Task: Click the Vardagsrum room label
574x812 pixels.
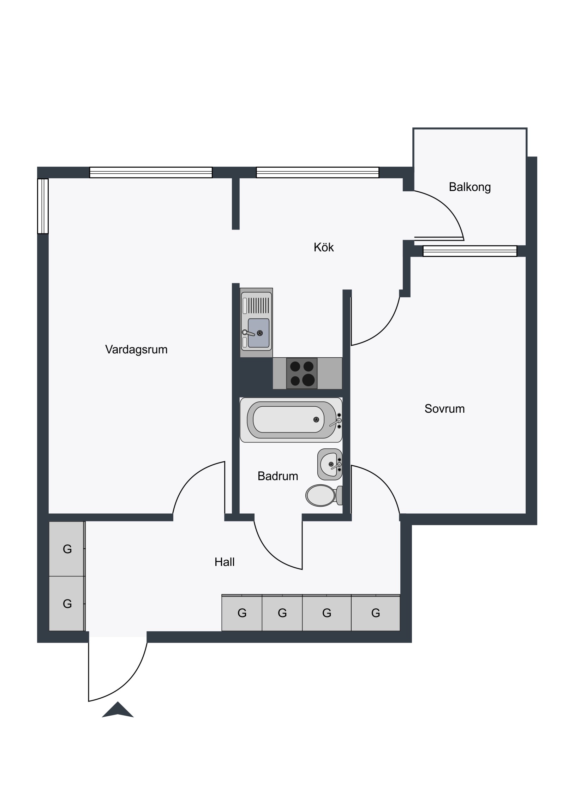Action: (x=136, y=350)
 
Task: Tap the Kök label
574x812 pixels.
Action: (x=324, y=247)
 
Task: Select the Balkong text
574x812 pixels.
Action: (x=470, y=187)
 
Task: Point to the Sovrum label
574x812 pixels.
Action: (x=444, y=409)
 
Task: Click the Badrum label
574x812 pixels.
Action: (x=277, y=476)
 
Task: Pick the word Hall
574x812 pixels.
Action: (x=225, y=562)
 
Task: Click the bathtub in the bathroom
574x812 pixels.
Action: (x=291, y=420)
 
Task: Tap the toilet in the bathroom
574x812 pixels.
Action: (x=324, y=495)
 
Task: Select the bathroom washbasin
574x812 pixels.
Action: (x=330, y=464)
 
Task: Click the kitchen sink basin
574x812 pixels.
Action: (x=258, y=333)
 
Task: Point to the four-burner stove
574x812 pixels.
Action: (x=302, y=373)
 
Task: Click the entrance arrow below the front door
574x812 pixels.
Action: (x=118, y=709)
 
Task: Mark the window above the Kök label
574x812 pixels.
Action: (x=318, y=172)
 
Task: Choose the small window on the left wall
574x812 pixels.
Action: (x=43, y=206)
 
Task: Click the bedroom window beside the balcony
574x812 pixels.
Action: (x=470, y=251)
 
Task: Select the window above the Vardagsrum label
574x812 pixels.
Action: (x=151, y=172)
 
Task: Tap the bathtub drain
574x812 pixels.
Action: (x=316, y=419)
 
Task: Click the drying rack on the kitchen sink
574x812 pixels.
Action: (x=258, y=306)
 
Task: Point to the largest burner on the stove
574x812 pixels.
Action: (x=309, y=380)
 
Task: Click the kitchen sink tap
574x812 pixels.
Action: (x=248, y=333)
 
